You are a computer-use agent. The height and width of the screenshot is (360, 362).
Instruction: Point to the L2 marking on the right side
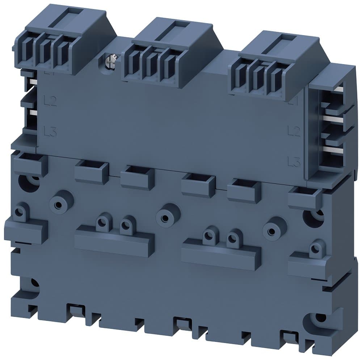tap(294, 131)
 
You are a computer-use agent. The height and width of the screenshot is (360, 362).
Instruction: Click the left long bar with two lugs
tap(114, 240)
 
